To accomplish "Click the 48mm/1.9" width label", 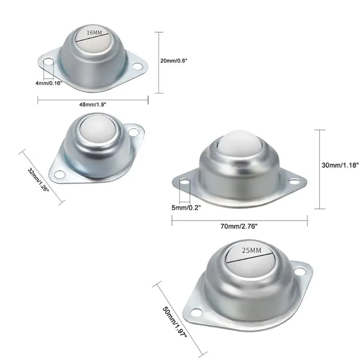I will [92, 104].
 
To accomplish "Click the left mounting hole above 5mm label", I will [184, 183].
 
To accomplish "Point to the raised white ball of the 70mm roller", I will [238, 143].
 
